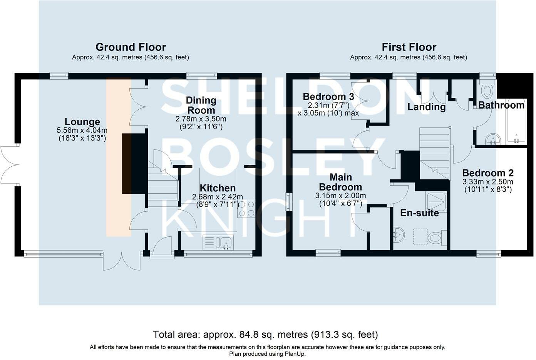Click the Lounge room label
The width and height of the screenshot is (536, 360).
[x=82, y=122]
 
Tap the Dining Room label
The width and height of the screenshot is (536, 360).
[x=201, y=105]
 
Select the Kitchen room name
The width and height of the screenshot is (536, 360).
[x=218, y=188]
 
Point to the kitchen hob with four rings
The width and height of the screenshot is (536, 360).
[x=246, y=209]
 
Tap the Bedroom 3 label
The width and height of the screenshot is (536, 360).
[x=328, y=97]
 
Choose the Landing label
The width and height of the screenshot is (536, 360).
[x=426, y=107]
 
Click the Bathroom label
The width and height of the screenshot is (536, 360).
[x=501, y=105]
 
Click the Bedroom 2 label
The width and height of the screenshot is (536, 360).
[x=488, y=173]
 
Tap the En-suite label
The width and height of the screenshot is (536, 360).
[x=420, y=213]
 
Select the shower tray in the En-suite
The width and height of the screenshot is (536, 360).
[x=437, y=203]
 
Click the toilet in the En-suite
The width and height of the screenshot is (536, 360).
[x=437, y=238]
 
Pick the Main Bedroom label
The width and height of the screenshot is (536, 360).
[x=340, y=182]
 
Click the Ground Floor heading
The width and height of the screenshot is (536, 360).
[x=131, y=47]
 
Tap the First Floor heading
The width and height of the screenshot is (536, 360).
[x=409, y=47]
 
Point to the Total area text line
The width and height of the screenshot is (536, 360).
[x=265, y=335]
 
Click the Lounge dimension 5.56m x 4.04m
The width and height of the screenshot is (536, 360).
[x=82, y=131]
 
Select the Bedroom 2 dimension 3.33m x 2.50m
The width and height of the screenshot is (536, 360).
[x=488, y=182]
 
